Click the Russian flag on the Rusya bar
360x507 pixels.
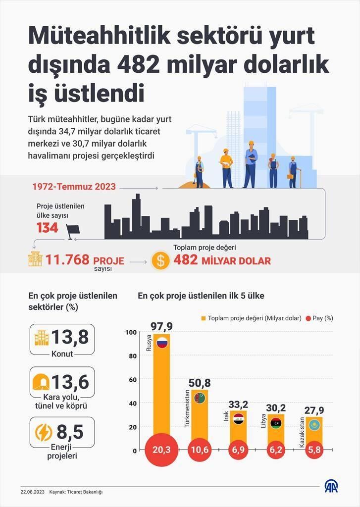coord(162,342)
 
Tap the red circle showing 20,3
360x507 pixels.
coord(161,450)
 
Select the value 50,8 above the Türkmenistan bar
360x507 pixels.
coord(200,383)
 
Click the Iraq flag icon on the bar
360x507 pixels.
coord(238,418)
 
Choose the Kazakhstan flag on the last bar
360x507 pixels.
coord(314,424)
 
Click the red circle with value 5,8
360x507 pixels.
coord(314,450)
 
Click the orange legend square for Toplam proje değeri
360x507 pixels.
coord(203,318)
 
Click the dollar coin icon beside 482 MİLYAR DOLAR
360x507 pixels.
coord(160,260)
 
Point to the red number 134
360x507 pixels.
coord(48,228)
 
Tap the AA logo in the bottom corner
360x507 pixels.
coord(332,487)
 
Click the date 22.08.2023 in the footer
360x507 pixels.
coord(33,492)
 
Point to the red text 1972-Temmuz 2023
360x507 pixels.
coord(74,187)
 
